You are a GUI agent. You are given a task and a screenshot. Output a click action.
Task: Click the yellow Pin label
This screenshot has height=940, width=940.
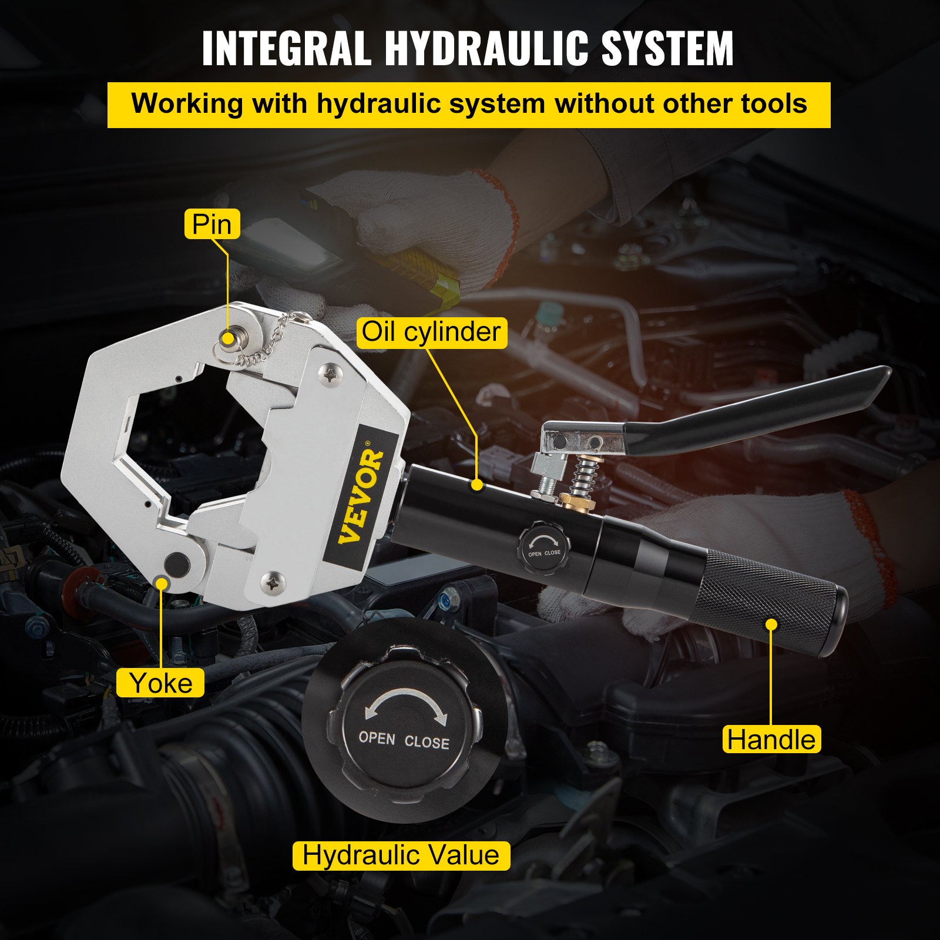(211, 224)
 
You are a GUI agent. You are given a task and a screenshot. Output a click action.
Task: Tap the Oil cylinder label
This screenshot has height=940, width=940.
(431, 332)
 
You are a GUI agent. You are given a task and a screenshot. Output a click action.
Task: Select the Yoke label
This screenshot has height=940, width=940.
(160, 683)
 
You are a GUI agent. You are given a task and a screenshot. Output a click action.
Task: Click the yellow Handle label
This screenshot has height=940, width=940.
(771, 739)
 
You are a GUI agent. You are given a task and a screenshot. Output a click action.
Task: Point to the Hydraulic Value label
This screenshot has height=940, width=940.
(401, 855)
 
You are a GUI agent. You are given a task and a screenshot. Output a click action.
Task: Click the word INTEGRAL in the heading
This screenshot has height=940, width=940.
(286, 48)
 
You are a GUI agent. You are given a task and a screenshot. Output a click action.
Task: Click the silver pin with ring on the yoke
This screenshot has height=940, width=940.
(229, 337)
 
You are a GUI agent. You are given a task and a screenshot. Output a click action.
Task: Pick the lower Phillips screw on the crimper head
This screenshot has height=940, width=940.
(273, 583)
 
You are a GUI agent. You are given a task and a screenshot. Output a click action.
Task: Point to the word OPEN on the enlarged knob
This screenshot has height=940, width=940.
(377, 738)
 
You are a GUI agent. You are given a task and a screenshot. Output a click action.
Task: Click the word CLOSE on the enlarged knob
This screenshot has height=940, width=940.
(427, 742)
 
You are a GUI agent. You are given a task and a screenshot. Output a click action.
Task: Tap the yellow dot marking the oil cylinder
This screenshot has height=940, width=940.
(477, 485)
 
